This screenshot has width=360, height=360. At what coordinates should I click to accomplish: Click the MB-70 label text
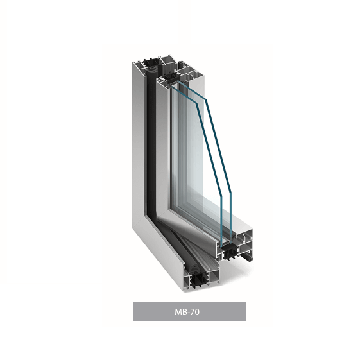point(187,312)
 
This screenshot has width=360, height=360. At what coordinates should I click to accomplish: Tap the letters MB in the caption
point(180,312)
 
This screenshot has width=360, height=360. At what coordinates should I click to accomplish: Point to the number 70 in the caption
point(194,312)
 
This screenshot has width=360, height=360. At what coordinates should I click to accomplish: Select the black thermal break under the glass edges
point(229,252)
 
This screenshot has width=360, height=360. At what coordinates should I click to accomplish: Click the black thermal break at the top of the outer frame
point(150,62)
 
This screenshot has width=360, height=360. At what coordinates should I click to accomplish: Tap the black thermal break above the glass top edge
point(172,78)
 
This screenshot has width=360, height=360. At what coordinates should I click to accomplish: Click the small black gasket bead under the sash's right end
point(247,257)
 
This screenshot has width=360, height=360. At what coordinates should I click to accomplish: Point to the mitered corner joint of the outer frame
point(141,219)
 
